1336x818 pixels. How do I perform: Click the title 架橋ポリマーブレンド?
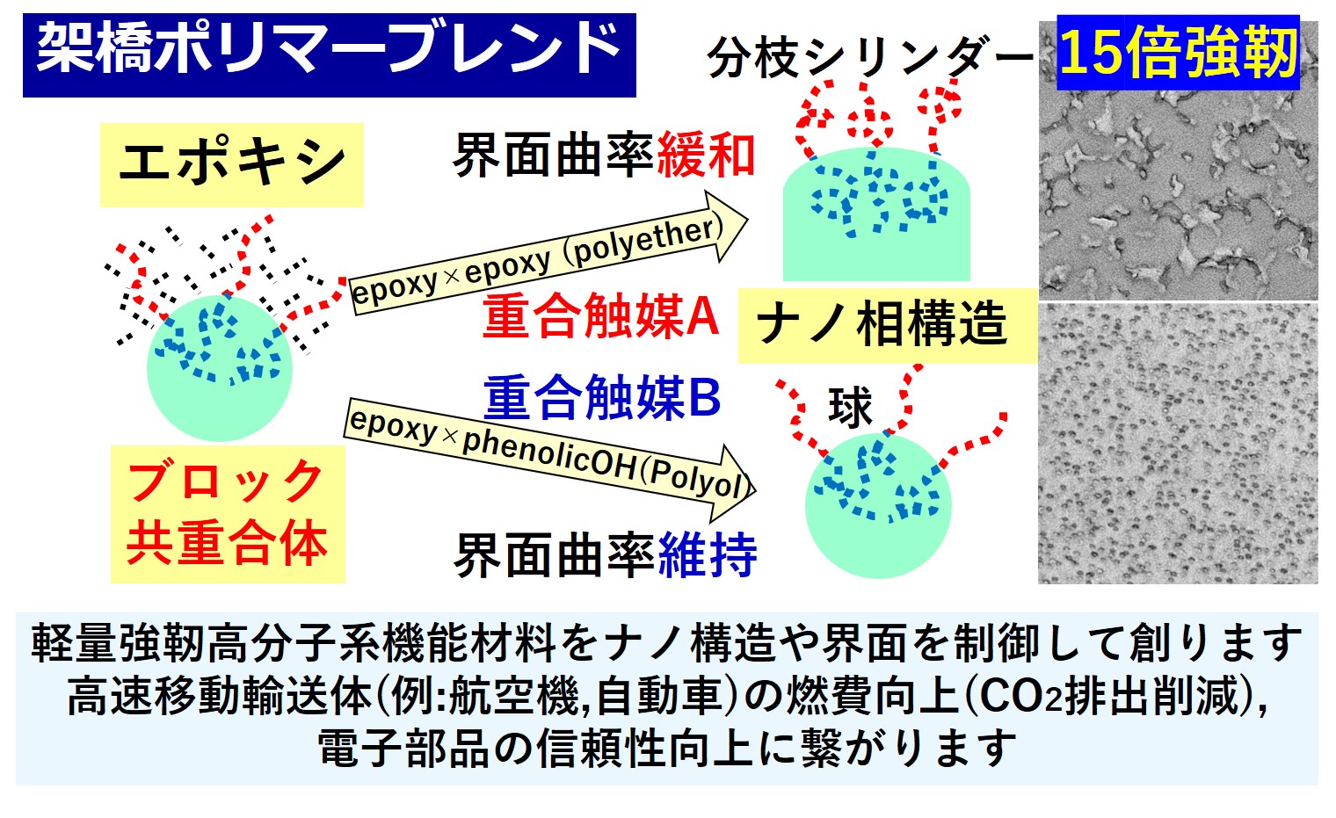tap(330, 54)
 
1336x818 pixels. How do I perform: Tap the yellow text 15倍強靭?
tap(1178, 53)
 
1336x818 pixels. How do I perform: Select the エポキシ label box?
tap(231, 164)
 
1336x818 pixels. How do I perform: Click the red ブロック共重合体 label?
tap(228, 514)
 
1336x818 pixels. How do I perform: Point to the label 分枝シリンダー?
tap(871, 57)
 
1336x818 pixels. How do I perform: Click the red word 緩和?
tap(706, 156)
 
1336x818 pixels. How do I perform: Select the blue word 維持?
tap(708, 555)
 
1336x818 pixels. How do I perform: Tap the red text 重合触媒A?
tap(601, 316)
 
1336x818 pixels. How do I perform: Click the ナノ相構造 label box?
tap(888, 325)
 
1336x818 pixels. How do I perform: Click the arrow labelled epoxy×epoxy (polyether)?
tap(548, 253)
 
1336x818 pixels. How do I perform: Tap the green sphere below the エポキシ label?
tap(220, 368)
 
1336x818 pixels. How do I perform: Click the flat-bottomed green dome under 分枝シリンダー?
tap(876, 214)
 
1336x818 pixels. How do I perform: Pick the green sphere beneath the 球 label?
tap(878, 505)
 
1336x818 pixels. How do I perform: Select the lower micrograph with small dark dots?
tap(1179, 444)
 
